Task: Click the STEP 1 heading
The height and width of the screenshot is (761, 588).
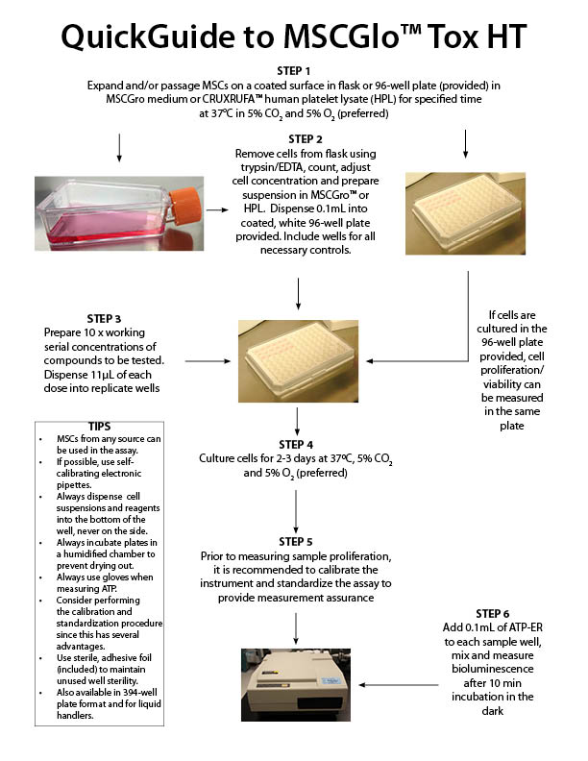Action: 294,70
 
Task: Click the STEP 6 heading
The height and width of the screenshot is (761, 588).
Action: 499,613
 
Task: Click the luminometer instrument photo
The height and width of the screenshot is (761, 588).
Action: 295,683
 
